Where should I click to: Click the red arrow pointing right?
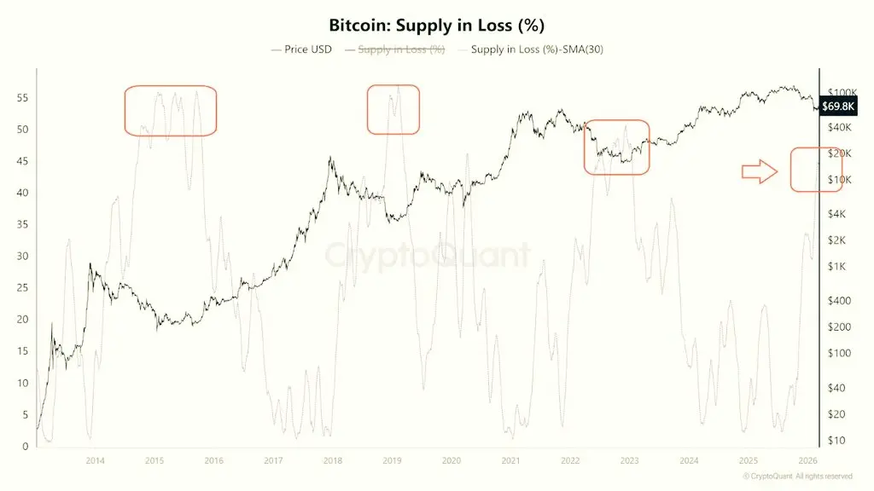pos(759,172)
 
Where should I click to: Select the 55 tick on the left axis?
pos(24,98)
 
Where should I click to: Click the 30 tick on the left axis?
pos(24,257)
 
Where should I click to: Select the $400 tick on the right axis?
pos(846,301)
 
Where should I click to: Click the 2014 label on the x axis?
pos(95,460)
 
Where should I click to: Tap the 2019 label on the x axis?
pos(392,460)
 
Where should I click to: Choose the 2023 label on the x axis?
pos(629,460)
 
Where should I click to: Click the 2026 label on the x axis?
pos(807,460)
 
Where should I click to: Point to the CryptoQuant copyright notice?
pos(797,476)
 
